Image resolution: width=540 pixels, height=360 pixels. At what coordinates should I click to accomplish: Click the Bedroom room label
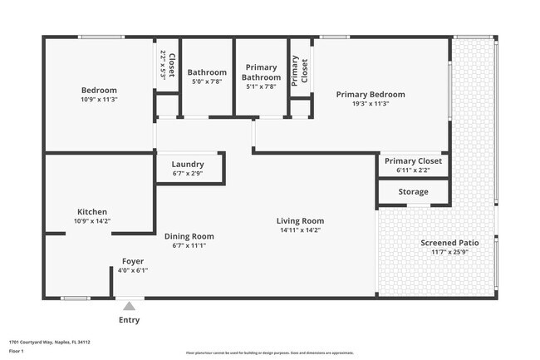[99, 90]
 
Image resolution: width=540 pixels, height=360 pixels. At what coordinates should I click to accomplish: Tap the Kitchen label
[92, 211]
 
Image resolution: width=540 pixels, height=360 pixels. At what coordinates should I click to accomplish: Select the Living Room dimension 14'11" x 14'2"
[300, 230]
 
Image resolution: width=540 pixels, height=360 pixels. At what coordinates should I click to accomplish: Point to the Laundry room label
[188, 164]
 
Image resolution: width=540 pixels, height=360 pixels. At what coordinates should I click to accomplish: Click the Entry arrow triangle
[129, 306]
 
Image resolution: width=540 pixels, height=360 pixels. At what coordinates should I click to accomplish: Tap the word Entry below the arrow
[129, 320]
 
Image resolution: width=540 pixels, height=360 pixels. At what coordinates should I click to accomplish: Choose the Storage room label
[413, 192]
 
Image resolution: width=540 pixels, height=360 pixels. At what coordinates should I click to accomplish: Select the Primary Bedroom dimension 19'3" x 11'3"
[371, 104]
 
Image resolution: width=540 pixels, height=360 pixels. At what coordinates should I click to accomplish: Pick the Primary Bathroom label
[262, 72]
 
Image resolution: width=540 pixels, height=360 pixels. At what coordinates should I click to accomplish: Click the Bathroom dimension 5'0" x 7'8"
[207, 81]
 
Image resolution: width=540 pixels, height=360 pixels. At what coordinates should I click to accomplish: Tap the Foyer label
[133, 261]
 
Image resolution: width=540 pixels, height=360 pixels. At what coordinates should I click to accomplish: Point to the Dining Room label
[189, 236]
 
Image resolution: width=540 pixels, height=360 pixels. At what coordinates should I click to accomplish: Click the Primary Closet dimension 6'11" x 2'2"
[413, 170]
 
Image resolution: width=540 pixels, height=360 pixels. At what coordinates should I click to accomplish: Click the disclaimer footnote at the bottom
[270, 353]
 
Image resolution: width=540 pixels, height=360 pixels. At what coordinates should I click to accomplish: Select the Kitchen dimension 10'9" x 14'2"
[92, 221]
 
